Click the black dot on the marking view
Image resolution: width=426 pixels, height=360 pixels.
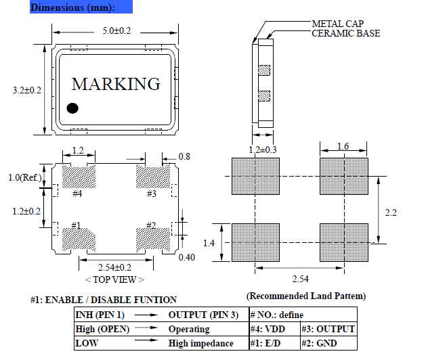click(x=72, y=108)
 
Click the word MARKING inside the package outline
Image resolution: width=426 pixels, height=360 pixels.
click(x=116, y=84)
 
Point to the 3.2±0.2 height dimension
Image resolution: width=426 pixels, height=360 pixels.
click(x=27, y=91)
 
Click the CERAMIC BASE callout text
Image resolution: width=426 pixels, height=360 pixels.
click(x=345, y=33)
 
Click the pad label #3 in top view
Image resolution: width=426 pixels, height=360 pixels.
click(x=152, y=194)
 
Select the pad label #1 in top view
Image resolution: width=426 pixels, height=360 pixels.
click(x=77, y=225)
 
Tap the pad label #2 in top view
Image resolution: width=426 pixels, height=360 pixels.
click(x=152, y=225)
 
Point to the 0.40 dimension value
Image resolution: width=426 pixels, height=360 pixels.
click(x=186, y=258)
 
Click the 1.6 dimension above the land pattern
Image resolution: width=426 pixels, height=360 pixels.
click(x=343, y=147)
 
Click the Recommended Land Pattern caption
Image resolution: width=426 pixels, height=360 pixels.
click(x=306, y=296)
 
